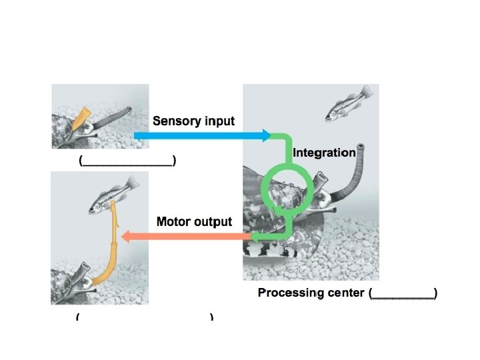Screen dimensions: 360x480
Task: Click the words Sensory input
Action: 193,121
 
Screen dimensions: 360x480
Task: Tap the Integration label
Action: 324,153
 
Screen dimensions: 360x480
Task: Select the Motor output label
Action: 194,221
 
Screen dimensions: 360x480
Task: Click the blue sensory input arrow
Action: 200,136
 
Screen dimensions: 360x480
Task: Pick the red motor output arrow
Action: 187,235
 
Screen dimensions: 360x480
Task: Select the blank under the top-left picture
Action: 127,161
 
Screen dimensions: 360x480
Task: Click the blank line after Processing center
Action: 403,293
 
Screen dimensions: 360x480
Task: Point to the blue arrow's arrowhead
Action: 266,136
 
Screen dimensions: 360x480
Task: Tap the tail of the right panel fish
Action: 365,92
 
